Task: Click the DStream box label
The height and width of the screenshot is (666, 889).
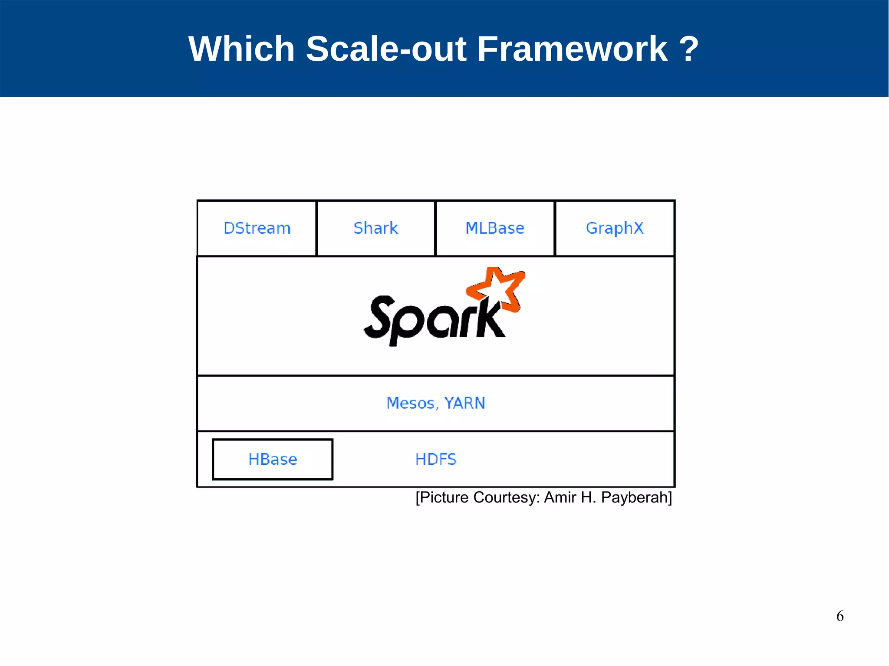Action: [x=257, y=228]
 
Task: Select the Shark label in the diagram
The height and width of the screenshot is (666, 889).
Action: [x=376, y=228]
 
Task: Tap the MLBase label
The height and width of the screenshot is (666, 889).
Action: [x=495, y=228]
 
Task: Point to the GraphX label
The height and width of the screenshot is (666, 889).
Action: [x=615, y=228]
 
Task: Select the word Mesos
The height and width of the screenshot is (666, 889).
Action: [x=411, y=403]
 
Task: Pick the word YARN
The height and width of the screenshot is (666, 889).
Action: [x=464, y=403]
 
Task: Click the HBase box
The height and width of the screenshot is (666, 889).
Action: [x=273, y=459]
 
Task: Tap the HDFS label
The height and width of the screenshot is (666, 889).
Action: [x=436, y=459]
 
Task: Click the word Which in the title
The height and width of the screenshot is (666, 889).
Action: [x=241, y=49]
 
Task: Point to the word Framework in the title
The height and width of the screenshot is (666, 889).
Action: [x=572, y=49]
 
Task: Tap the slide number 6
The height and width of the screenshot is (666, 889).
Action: [x=840, y=616]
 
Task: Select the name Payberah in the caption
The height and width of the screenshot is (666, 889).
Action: [x=636, y=497]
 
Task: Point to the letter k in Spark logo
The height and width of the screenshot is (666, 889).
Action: [x=491, y=319]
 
